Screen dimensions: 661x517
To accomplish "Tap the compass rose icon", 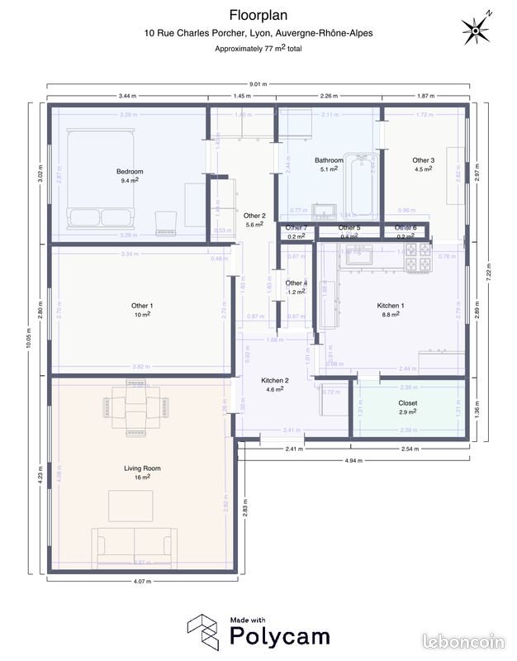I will (x=477, y=30).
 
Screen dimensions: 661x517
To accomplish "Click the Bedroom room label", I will (x=130, y=171).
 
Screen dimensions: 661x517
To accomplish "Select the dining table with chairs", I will (x=134, y=407).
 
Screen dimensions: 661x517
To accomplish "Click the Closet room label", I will (x=408, y=403).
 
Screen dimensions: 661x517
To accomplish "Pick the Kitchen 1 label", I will (x=391, y=305).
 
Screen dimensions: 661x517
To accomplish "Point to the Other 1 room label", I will (x=142, y=306).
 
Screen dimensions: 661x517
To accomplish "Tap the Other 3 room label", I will (x=423, y=160).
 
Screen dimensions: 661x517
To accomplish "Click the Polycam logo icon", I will (x=201, y=631).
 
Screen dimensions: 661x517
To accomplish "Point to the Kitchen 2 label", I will (x=275, y=380).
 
